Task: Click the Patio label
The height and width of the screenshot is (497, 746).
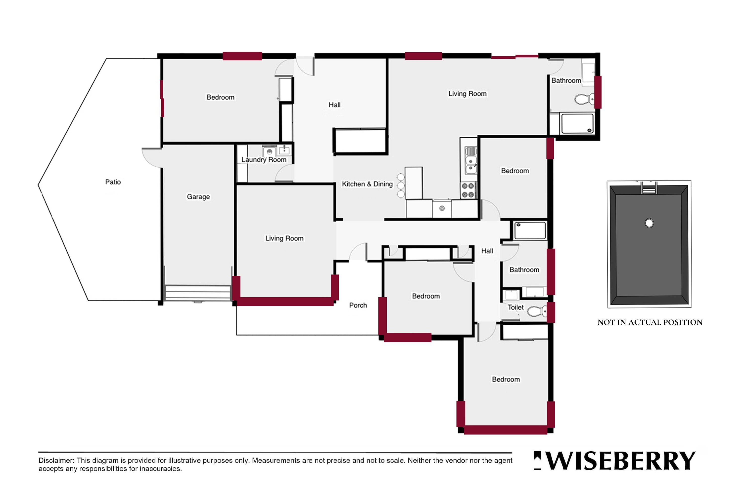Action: [x=113, y=182]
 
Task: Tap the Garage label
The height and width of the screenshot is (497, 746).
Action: [x=198, y=197]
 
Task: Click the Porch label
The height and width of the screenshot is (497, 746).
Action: [x=358, y=305]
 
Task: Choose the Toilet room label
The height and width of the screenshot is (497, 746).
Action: [x=516, y=307]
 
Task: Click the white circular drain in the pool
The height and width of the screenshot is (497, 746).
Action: [x=649, y=224]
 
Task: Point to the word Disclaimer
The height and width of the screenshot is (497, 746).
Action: [x=56, y=460]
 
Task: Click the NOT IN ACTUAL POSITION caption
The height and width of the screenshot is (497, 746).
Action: [x=650, y=322]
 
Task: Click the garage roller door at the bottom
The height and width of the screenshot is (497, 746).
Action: [x=198, y=293]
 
